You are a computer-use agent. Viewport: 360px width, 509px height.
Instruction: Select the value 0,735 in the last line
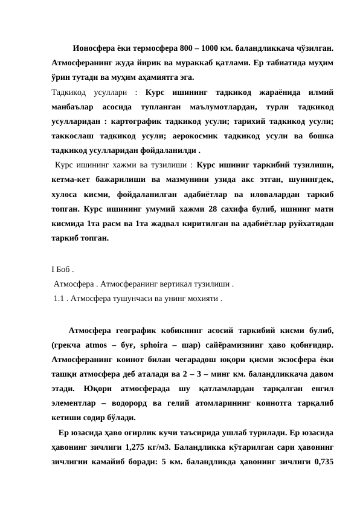pyautogui.click(x=321, y=462)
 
